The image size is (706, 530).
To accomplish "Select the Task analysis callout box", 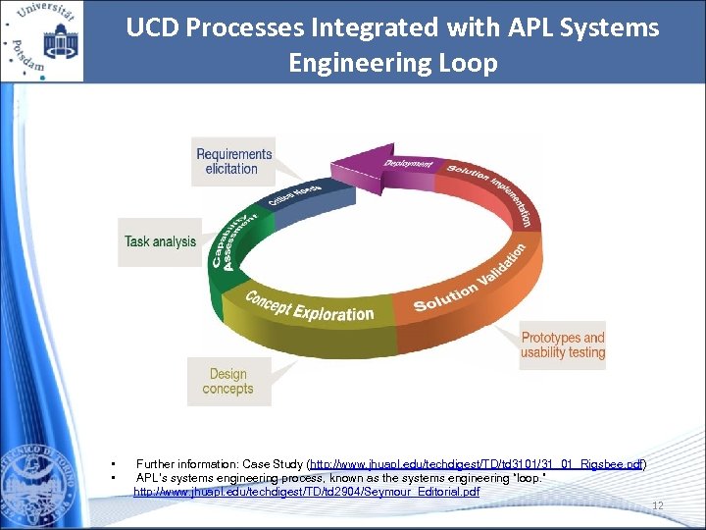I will [160, 241].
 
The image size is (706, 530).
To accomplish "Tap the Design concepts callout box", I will [228, 382].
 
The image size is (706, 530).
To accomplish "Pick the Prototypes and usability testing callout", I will [563, 345].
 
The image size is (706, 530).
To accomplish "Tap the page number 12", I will [658, 506].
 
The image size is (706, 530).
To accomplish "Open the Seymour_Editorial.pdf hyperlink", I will [307, 491].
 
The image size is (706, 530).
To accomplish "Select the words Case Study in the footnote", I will [270, 463].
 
